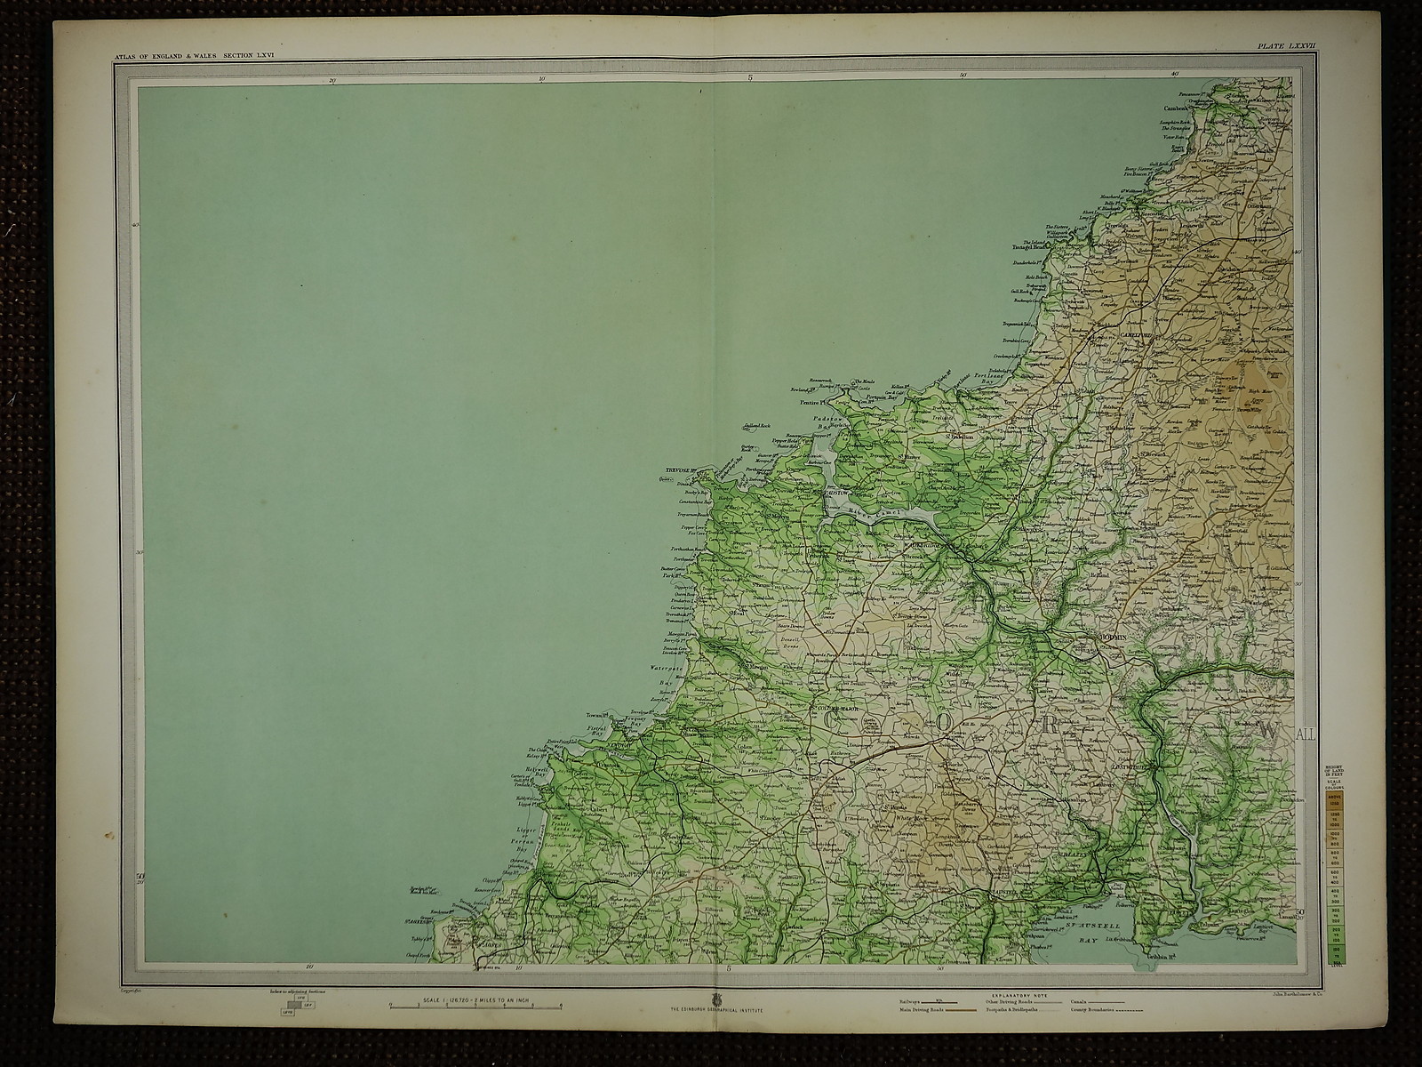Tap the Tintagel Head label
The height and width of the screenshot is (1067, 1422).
1034,248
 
